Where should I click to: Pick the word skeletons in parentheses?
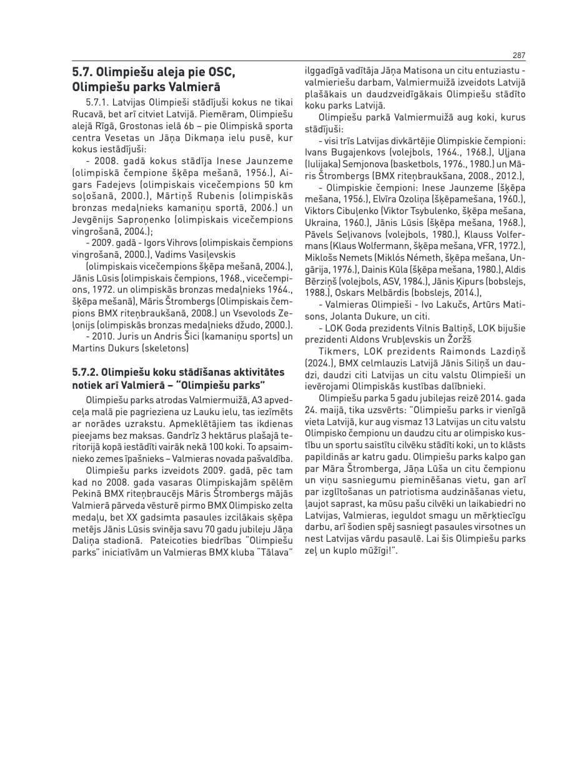(165, 348)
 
